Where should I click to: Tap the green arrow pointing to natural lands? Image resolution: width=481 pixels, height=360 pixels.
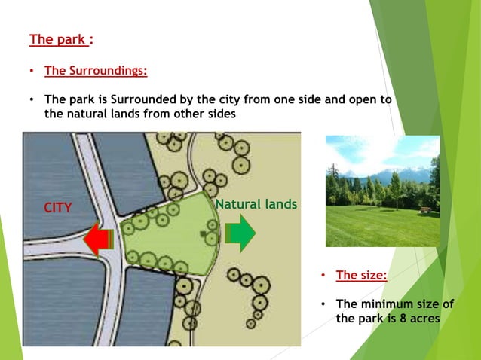241,233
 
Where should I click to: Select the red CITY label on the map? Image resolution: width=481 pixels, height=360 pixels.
57,208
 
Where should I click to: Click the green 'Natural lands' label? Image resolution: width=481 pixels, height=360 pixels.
256,204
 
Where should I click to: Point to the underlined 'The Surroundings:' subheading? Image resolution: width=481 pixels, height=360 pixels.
96,71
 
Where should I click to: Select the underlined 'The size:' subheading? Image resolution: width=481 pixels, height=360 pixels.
361,275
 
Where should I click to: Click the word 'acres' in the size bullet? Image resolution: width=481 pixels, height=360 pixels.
426,318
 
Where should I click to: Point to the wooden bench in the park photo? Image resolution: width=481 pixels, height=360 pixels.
426,210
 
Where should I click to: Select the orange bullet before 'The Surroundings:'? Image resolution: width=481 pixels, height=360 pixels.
32,72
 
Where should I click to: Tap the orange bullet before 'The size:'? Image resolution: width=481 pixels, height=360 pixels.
323,276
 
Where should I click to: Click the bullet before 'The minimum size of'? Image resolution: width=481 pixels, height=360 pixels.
323,304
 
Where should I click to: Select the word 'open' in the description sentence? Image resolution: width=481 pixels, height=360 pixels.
360,99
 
